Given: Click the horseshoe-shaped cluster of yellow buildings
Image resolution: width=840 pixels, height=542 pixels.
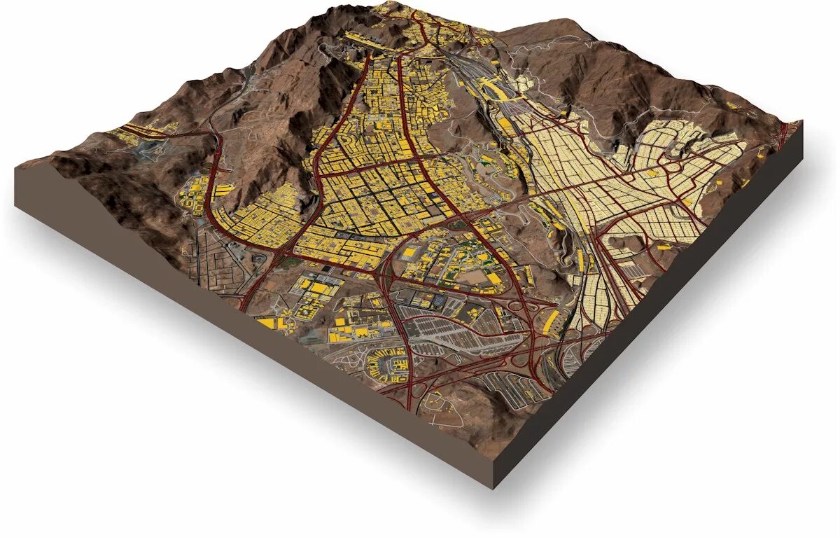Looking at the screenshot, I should point(387,365).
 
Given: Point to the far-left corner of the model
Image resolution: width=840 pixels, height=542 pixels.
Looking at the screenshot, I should point(15,168).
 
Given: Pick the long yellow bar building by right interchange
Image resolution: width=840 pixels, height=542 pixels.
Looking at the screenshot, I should point(552,321).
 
